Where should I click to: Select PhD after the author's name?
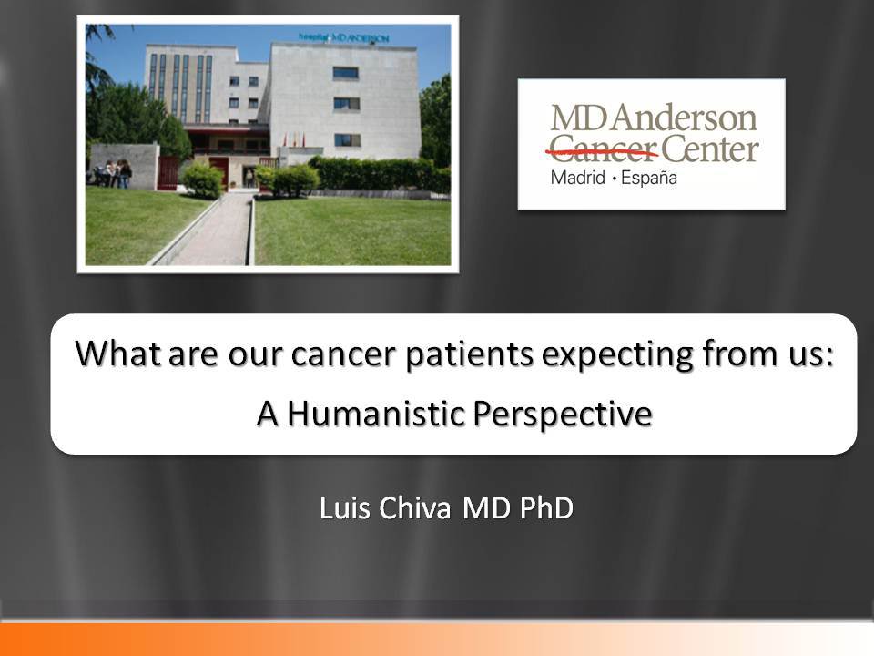[546, 507]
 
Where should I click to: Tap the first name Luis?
[344, 507]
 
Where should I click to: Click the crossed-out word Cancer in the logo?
[603, 149]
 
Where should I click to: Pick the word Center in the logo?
[709, 149]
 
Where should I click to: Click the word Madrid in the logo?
[577, 178]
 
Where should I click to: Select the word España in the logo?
[649, 178]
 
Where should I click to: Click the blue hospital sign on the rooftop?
[343, 38]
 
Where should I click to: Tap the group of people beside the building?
[114, 173]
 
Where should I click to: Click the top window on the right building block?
[345, 73]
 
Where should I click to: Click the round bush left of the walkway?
[203, 179]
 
